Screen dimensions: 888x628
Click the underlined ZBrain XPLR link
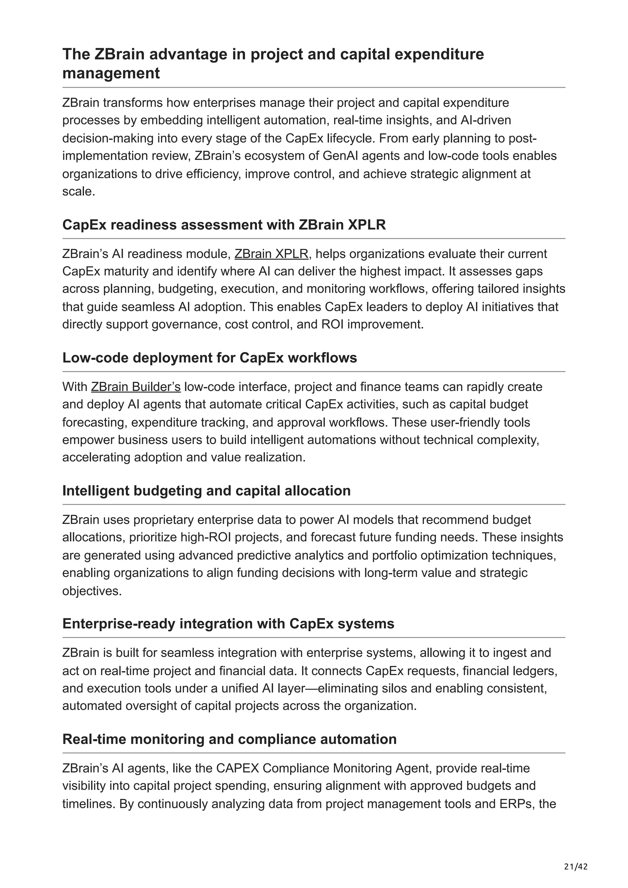tap(271, 254)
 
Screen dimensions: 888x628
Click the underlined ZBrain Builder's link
tap(136, 387)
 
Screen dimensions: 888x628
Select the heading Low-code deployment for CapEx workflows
tap(209, 358)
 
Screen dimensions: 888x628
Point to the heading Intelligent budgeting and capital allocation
tap(206, 491)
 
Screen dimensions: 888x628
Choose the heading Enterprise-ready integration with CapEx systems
tap(228, 624)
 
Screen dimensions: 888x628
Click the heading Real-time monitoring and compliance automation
tap(229, 739)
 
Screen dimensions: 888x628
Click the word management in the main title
tap(111, 73)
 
